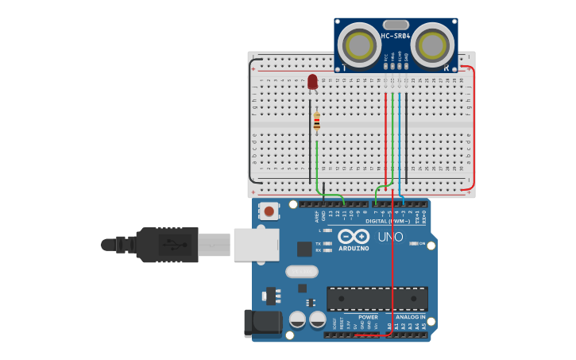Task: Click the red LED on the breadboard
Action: (312, 81)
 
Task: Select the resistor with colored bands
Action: (316, 122)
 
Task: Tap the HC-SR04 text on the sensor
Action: (396, 36)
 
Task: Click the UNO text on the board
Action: (389, 237)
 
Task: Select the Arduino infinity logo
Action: (354, 236)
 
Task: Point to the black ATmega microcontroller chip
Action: (377, 299)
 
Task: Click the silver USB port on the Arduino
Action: (256, 245)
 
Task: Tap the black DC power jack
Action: (263, 323)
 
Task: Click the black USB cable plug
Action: (167, 245)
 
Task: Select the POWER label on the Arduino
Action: (367, 317)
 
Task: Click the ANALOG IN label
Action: (411, 317)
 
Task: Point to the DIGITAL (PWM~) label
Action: (388, 221)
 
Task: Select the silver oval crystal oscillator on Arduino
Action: (302, 272)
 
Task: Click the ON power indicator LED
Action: (414, 243)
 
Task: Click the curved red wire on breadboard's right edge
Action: (474, 127)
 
